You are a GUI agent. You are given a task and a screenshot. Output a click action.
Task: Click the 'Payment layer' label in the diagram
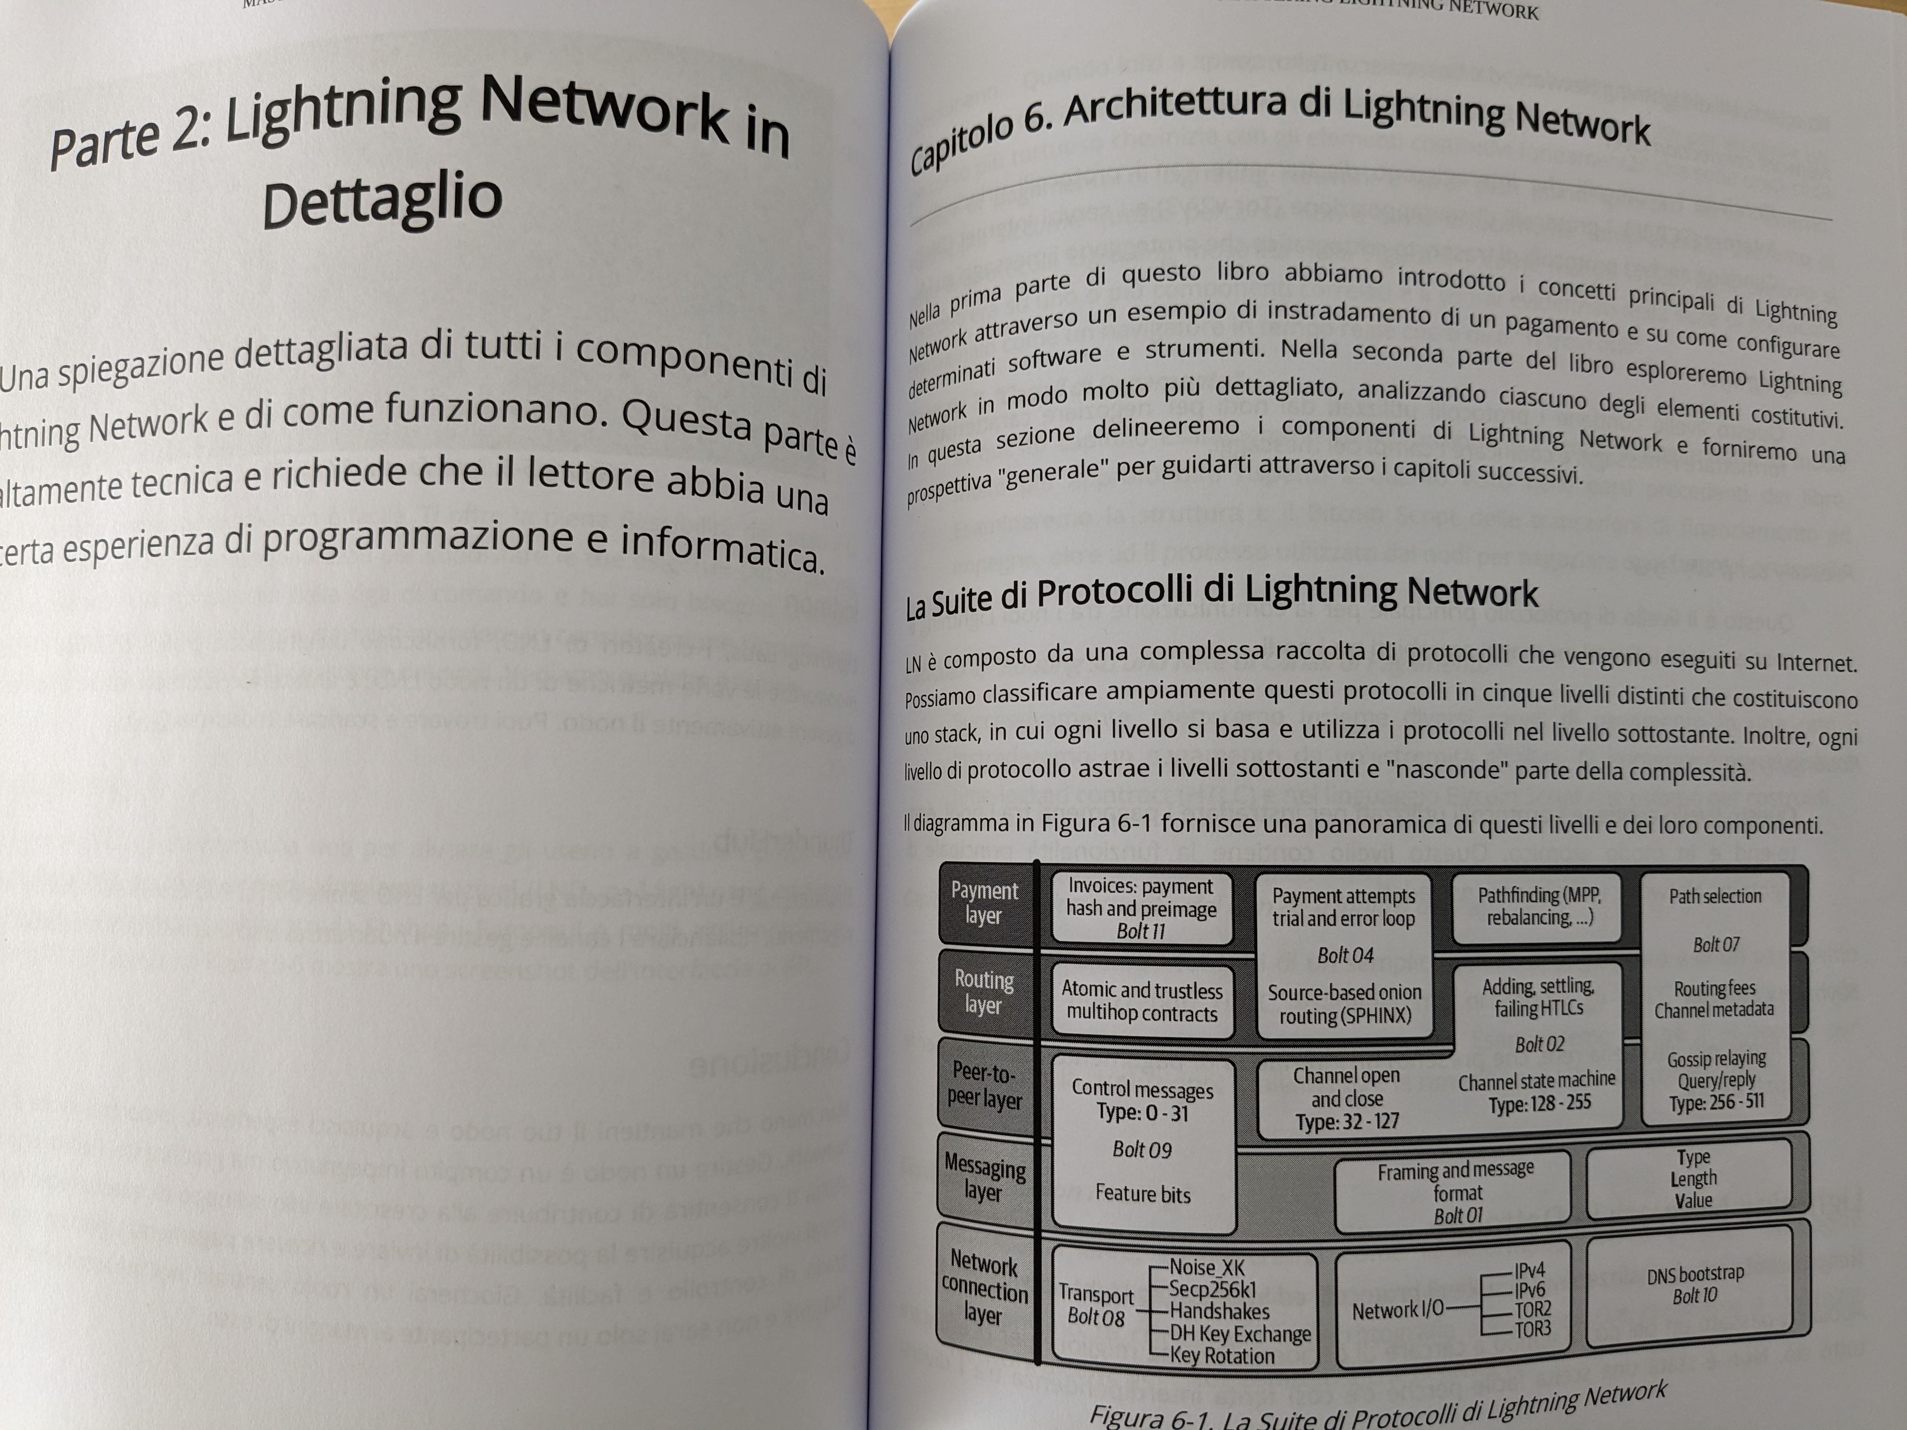[x=984, y=902]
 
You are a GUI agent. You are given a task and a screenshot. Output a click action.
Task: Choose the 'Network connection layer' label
[x=984, y=1289]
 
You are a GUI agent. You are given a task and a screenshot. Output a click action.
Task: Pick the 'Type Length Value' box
[x=1692, y=1178]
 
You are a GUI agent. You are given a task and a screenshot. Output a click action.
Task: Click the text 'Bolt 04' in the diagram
[x=1345, y=955]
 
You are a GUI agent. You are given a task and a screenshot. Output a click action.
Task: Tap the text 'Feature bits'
[x=1142, y=1194]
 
